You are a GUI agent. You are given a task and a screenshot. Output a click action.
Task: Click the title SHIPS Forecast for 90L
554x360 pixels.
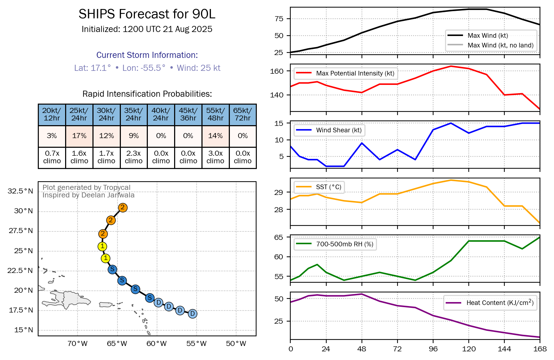(x=147, y=14)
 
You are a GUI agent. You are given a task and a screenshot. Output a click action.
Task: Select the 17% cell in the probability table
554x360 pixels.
(x=79, y=136)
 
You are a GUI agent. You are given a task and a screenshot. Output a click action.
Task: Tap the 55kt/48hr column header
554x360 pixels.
(x=215, y=114)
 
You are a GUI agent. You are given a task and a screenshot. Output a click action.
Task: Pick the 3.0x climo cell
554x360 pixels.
(x=215, y=157)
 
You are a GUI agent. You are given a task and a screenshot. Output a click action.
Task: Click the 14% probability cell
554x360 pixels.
(x=215, y=136)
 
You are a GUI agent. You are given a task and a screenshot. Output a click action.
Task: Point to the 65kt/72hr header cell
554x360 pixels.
(x=242, y=114)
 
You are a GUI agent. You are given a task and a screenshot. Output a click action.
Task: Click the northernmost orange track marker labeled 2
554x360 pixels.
(x=123, y=208)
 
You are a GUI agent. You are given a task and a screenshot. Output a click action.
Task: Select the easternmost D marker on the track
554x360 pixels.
(x=192, y=314)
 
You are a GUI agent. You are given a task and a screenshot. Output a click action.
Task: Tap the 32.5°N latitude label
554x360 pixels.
(x=20, y=191)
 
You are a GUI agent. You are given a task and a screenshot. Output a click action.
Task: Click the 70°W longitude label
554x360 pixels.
(x=77, y=343)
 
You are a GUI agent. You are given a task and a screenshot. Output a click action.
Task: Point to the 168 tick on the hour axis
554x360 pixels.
(x=540, y=349)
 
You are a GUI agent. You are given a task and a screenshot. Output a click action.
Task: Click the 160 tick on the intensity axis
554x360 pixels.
(x=277, y=71)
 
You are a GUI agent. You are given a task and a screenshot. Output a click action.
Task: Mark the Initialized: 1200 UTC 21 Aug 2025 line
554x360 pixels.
(x=147, y=29)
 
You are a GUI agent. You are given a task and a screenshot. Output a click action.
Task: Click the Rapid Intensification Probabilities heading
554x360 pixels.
(x=147, y=94)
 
